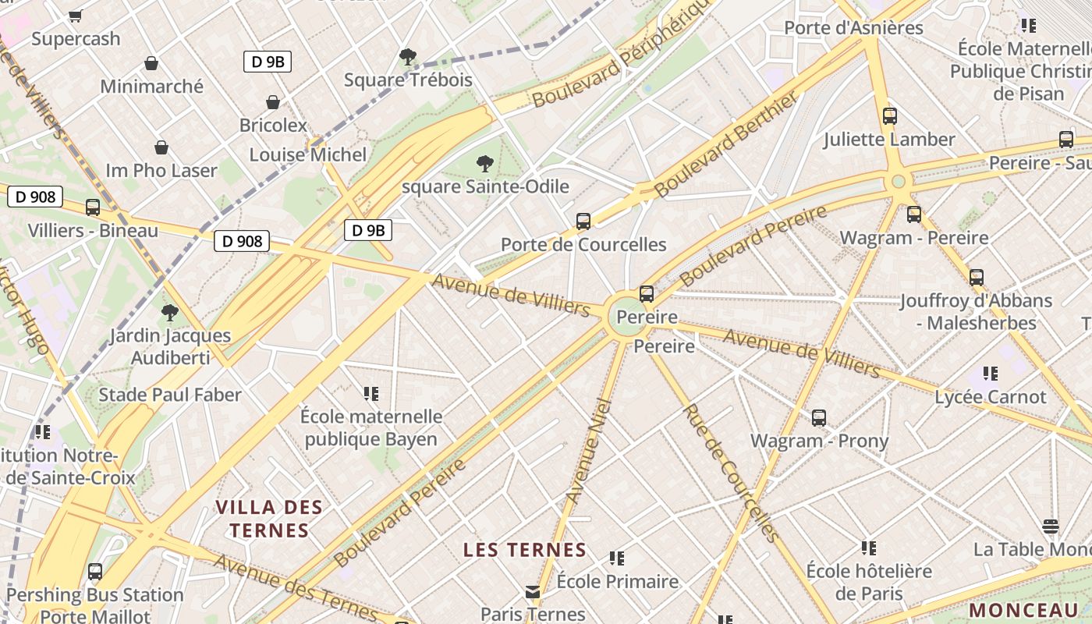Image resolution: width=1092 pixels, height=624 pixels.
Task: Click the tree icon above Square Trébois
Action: pos(407,56)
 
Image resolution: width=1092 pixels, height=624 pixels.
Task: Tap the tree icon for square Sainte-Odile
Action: pos(485,164)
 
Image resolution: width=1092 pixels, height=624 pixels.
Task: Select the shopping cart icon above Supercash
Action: pos(76,16)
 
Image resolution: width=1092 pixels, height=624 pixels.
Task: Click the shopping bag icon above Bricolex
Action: pos(273,102)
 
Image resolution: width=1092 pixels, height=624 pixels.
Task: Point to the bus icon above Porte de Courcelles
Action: pos(583,222)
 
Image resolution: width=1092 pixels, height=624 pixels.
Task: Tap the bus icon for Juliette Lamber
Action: pos(890,117)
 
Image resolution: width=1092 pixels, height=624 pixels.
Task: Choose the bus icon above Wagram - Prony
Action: pos(819,418)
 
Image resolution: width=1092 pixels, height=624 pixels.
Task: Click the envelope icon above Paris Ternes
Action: pos(533,592)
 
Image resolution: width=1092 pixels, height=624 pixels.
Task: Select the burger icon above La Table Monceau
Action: pos(1051,526)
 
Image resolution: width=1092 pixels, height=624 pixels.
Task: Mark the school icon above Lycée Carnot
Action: pos(991,374)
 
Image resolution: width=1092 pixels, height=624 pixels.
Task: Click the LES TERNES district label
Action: pos(524,550)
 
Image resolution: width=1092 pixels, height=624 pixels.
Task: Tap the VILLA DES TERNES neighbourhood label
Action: pos(269,519)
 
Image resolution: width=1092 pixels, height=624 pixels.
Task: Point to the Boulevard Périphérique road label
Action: pos(622,53)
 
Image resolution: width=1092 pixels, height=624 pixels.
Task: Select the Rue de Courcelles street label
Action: pos(730,473)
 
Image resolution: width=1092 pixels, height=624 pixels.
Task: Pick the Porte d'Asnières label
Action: pos(853,28)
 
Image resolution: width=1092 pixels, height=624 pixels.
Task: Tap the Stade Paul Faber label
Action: pos(170,395)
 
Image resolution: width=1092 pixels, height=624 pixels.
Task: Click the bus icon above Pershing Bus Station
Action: pos(95,572)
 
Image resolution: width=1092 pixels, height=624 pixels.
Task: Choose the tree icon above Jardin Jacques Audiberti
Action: pos(170,314)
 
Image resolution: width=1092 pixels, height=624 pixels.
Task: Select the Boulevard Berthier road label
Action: pos(727,144)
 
